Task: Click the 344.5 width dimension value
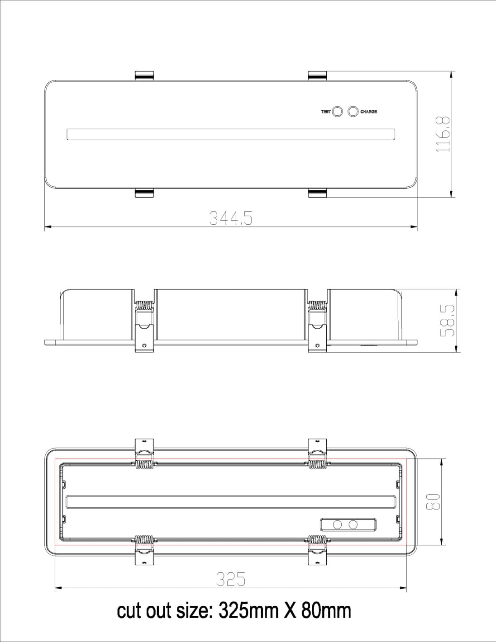tap(231, 218)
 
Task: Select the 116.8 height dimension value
tap(443, 134)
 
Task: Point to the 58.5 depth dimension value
tap(447, 321)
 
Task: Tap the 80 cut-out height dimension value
tap(433, 502)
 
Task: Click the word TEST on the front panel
tap(326, 112)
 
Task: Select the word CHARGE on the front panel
tap(368, 112)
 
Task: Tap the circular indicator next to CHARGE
tap(353, 111)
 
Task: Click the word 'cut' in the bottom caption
tap(129, 611)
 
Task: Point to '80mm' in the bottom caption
tap(326, 611)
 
